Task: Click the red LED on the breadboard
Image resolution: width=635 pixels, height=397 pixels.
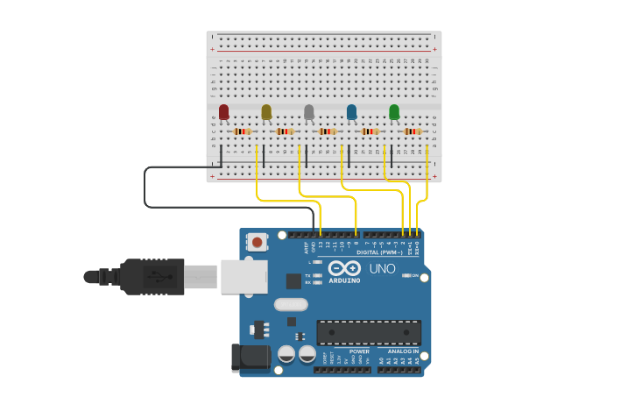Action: (224, 111)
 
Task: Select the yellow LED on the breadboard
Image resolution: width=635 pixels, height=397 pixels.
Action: (266, 111)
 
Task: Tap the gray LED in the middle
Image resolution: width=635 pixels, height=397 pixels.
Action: (308, 111)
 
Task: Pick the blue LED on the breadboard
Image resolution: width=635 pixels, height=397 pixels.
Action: (351, 111)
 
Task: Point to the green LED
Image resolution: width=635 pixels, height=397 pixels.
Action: (394, 111)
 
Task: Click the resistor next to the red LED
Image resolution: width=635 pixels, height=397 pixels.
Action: (243, 131)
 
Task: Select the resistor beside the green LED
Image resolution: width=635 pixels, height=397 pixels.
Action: (413, 131)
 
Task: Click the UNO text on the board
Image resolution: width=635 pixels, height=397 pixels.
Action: (382, 269)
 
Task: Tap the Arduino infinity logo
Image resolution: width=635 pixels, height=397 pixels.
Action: (344, 267)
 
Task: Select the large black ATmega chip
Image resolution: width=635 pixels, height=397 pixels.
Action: (369, 332)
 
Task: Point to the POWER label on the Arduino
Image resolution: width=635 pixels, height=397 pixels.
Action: (359, 351)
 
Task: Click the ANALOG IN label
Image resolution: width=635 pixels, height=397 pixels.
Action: (403, 351)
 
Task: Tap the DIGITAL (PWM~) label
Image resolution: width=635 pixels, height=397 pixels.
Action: (379, 252)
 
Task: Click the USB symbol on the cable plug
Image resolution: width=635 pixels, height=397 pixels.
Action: (161, 277)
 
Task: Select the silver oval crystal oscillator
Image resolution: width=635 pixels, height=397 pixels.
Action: (291, 304)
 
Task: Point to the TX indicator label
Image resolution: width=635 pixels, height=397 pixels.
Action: (308, 275)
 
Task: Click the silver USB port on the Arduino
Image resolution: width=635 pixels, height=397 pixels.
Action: (243, 276)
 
